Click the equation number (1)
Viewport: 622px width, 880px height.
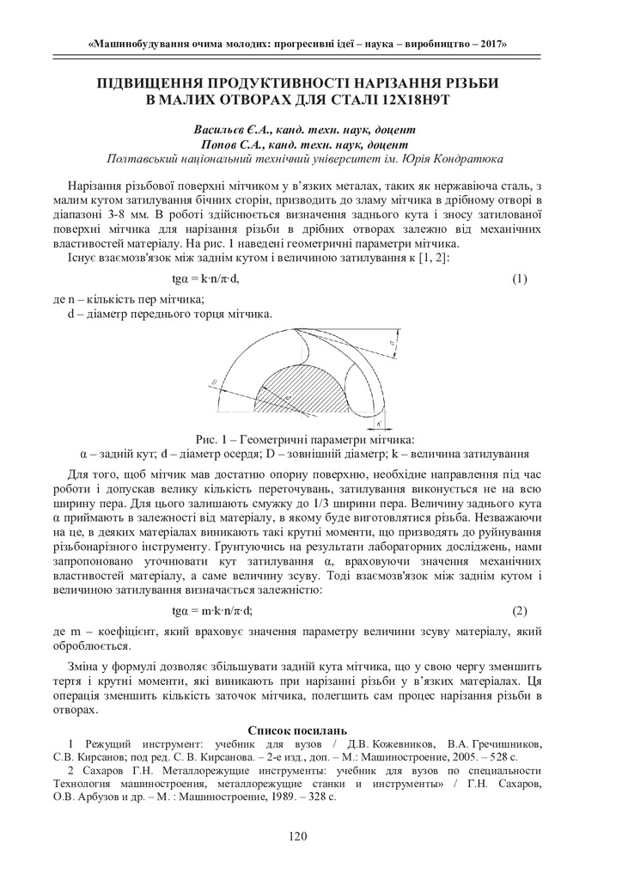pyautogui.click(x=519, y=280)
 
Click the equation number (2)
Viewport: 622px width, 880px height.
pyautogui.click(x=519, y=611)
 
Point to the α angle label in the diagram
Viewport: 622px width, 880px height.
pyautogui.click(x=391, y=345)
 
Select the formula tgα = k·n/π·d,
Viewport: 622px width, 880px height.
pyautogui.click(x=205, y=280)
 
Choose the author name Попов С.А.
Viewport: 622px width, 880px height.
pyautogui.click(x=232, y=144)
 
